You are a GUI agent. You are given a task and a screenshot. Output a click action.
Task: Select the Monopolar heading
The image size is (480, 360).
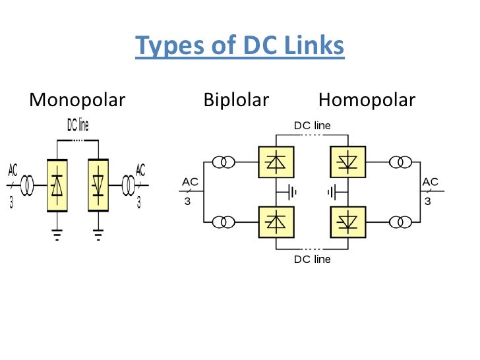click(x=77, y=100)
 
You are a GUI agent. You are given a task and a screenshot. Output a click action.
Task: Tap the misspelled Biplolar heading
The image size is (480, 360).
click(x=236, y=100)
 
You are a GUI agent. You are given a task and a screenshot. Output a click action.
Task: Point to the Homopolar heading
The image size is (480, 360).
click(x=367, y=100)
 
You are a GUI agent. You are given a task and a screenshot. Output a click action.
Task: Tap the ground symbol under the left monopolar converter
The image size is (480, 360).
click(x=57, y=233)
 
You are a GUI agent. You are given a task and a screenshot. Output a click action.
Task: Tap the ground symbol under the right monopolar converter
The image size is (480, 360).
click(x=99, y=233)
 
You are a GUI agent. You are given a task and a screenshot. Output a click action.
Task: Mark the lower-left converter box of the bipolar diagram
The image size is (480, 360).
click(x=275, y=222)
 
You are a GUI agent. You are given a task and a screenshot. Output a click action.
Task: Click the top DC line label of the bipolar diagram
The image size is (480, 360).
click(x=312, y=125)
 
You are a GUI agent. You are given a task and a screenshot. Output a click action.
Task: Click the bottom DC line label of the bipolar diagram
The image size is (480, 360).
click(x=312, y=259)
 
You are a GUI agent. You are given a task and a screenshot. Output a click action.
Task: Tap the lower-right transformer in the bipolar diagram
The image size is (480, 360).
click(x=400, y=222)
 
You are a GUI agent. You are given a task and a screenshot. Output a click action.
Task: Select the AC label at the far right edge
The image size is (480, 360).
click(x=430, y=182)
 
